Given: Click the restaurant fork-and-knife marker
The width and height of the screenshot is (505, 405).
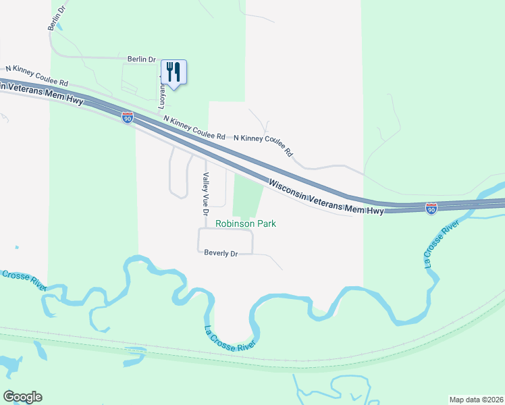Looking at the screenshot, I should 174,71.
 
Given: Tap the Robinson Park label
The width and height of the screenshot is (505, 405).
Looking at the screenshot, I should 246,223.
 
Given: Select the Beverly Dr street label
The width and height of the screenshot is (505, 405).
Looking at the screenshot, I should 221,253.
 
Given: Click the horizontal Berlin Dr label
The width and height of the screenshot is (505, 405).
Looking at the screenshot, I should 141,59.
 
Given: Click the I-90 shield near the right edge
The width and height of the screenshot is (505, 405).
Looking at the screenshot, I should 431,208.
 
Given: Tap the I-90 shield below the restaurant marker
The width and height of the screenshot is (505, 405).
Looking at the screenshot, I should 128,117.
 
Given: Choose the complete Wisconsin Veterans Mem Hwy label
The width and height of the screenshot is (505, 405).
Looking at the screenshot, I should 326,197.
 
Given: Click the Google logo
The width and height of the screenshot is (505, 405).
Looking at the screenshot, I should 22,396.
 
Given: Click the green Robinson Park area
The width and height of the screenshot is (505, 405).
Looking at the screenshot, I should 247,196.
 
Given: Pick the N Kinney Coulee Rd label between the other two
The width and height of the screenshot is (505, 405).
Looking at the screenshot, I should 194,128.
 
